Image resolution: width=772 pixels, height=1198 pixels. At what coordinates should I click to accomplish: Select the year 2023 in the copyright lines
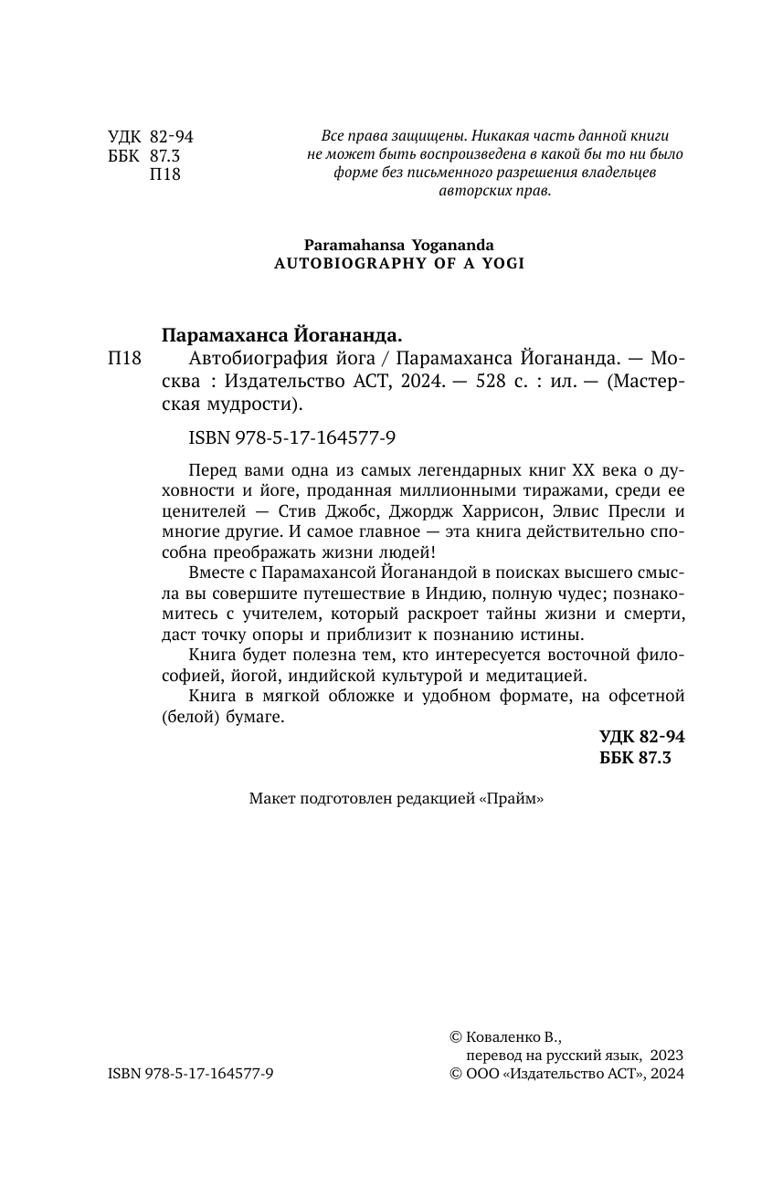[x=667, y=1056]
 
